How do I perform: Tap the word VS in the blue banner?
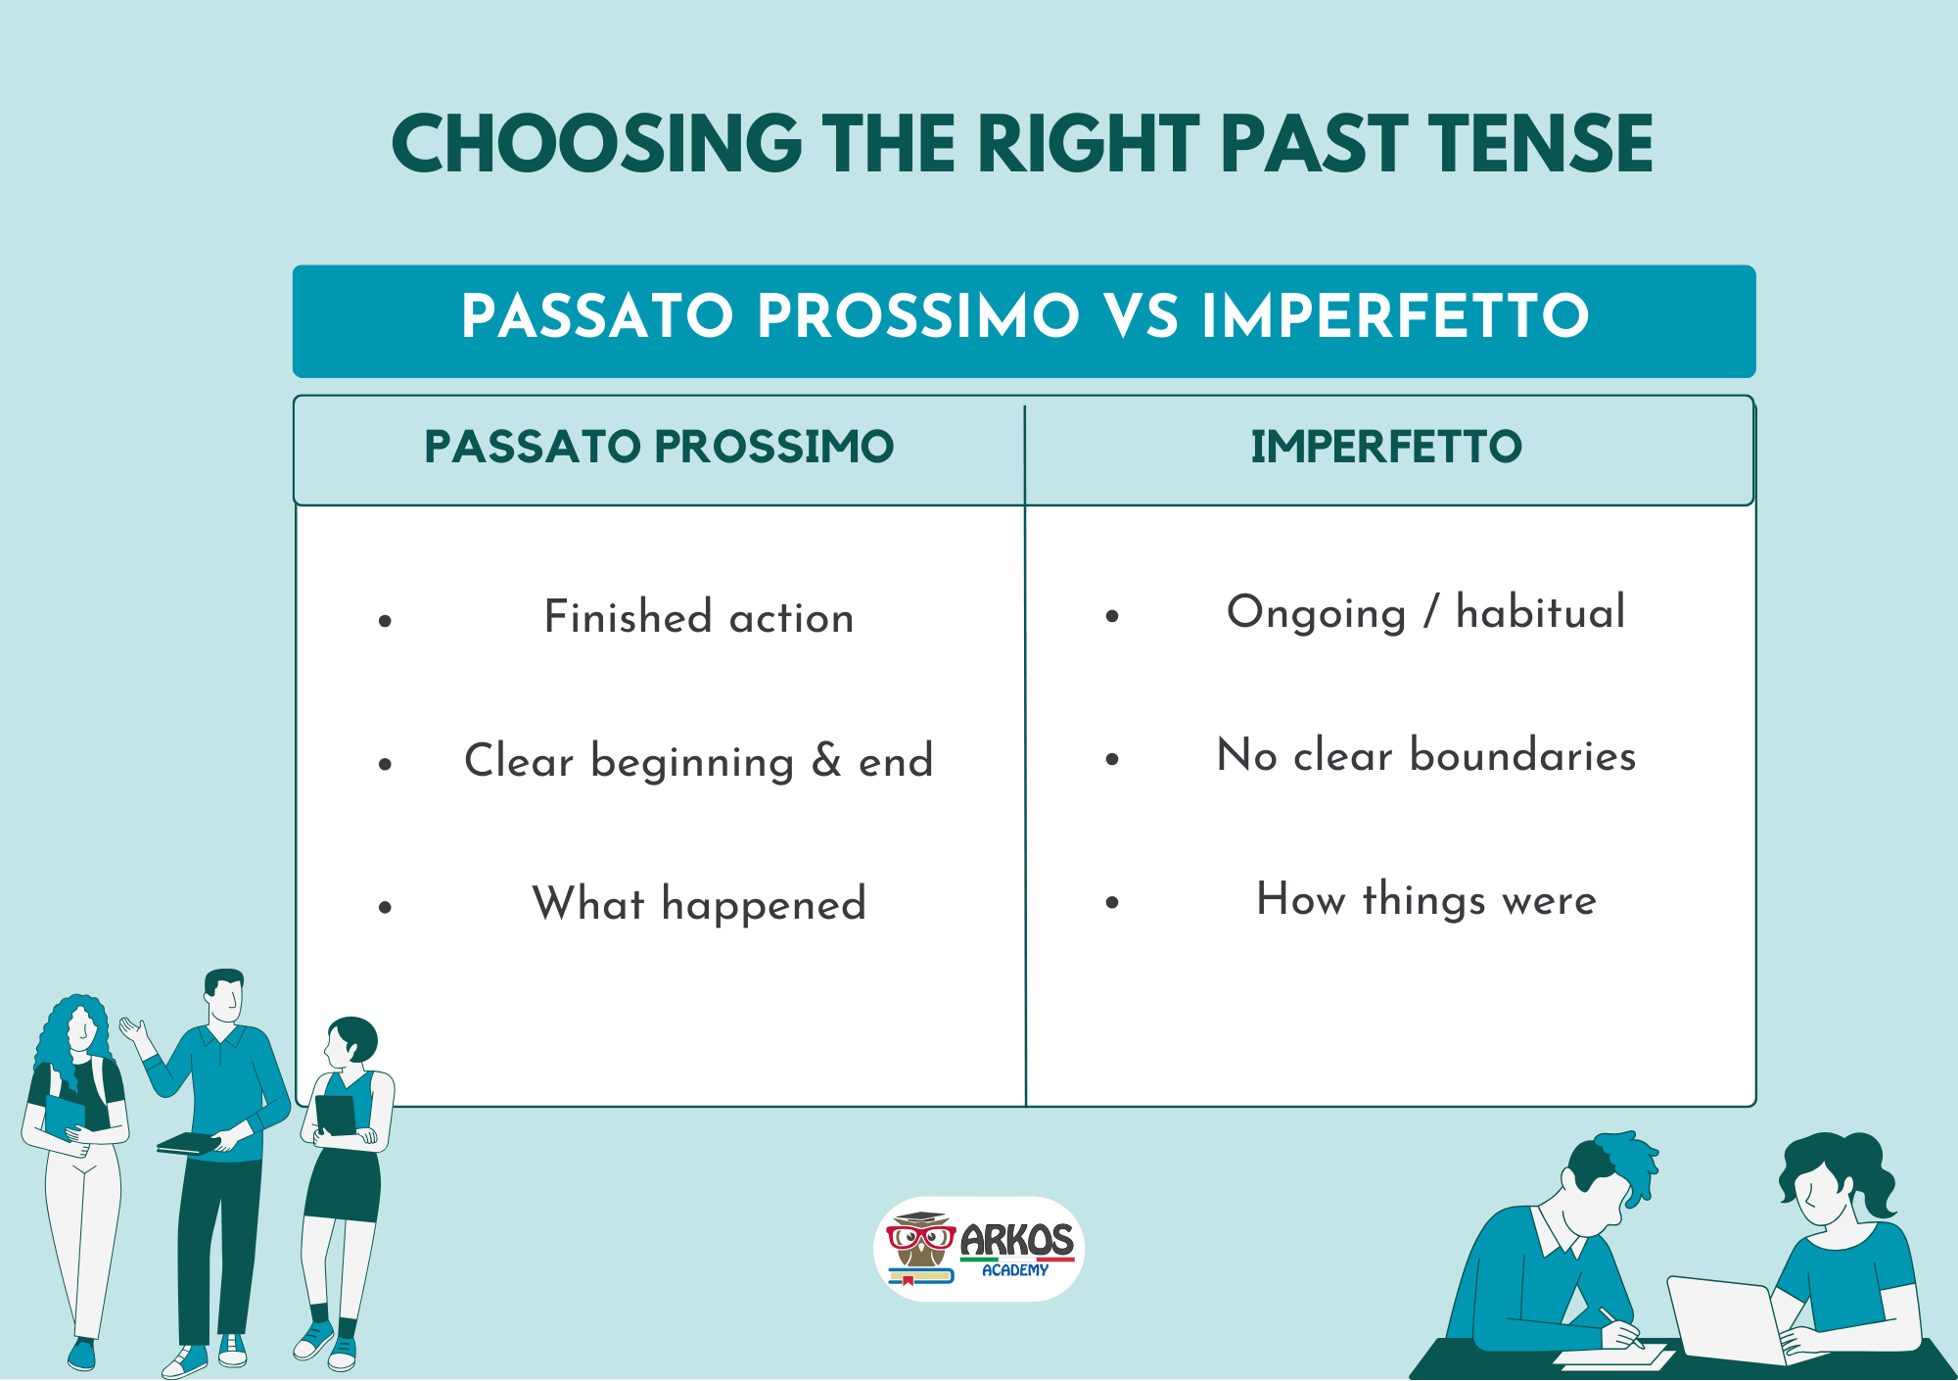[1141, 316]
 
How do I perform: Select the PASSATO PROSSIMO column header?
[659, 447]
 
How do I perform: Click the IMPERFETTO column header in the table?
[1386, 447]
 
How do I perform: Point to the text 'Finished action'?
[699, 617]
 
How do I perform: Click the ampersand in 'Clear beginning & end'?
[826, 760]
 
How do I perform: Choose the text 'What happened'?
[699, 903]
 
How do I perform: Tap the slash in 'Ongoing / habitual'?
[1431, 611]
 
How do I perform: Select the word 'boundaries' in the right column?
[1522, 755]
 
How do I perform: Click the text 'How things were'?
[1426, 899]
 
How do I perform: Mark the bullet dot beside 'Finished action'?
[385, 620]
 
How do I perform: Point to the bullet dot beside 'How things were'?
[1112, 902]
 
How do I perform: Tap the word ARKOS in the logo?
[1016, 1239]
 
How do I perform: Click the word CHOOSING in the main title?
[597, 144]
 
